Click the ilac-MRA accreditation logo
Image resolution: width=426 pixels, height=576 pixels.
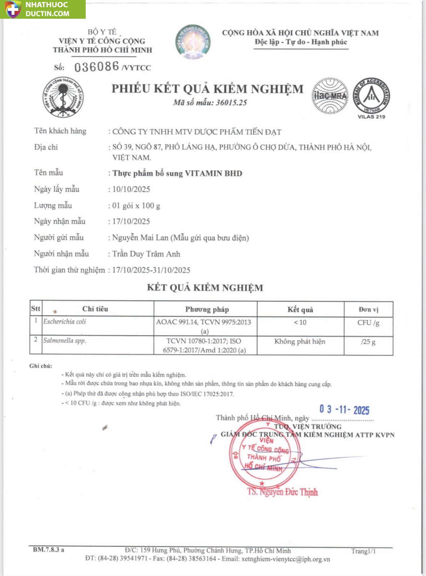pyautogui.click(x=330, y=96)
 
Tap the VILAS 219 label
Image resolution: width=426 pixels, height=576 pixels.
pyautogui.click(x=371, y=117)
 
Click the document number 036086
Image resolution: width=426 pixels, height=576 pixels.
pyautogui.click(x=97, y=67)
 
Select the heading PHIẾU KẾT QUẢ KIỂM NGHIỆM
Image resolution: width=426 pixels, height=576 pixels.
pyautogui.click(x=207, y=89)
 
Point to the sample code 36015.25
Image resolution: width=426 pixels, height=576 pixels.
pyautogui.click(x=231, y=103)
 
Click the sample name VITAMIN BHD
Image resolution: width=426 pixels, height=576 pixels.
pyautogui.click(x=213, y=173)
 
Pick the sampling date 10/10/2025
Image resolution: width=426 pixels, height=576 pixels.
pyautogui.click(x=131, y=189)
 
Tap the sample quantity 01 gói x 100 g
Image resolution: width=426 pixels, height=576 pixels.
pyautogui.click(x=136, y=206)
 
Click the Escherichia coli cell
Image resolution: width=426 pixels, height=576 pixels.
pyautogui.click(x=65, y=322)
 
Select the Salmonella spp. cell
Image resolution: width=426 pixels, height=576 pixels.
pyautogui.click(x=65, y=340)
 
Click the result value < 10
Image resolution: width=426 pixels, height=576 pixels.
pyautogui.click(x=300, y=322)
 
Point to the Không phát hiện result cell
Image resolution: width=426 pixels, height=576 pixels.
pyautogui.click(x=300, y=341)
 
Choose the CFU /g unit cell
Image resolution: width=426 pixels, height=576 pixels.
pyautogui.click(x=368, y=323)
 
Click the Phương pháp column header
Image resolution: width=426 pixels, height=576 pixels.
pyautogui.click(x=207, y=309)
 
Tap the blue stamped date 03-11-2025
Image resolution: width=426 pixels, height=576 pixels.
pyautogui.click(x=344, y=410)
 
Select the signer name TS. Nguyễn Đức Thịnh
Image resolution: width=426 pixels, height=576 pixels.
pyautogui.click(x=282, y=492)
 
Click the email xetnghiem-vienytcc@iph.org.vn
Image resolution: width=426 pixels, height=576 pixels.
pyautogui.click(x=286, y=559)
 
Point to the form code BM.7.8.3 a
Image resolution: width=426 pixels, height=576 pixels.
pyautogui.click(x=49, y=550)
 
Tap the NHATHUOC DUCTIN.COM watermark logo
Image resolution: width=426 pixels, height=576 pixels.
pyautogui.click(x=42, y=9)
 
